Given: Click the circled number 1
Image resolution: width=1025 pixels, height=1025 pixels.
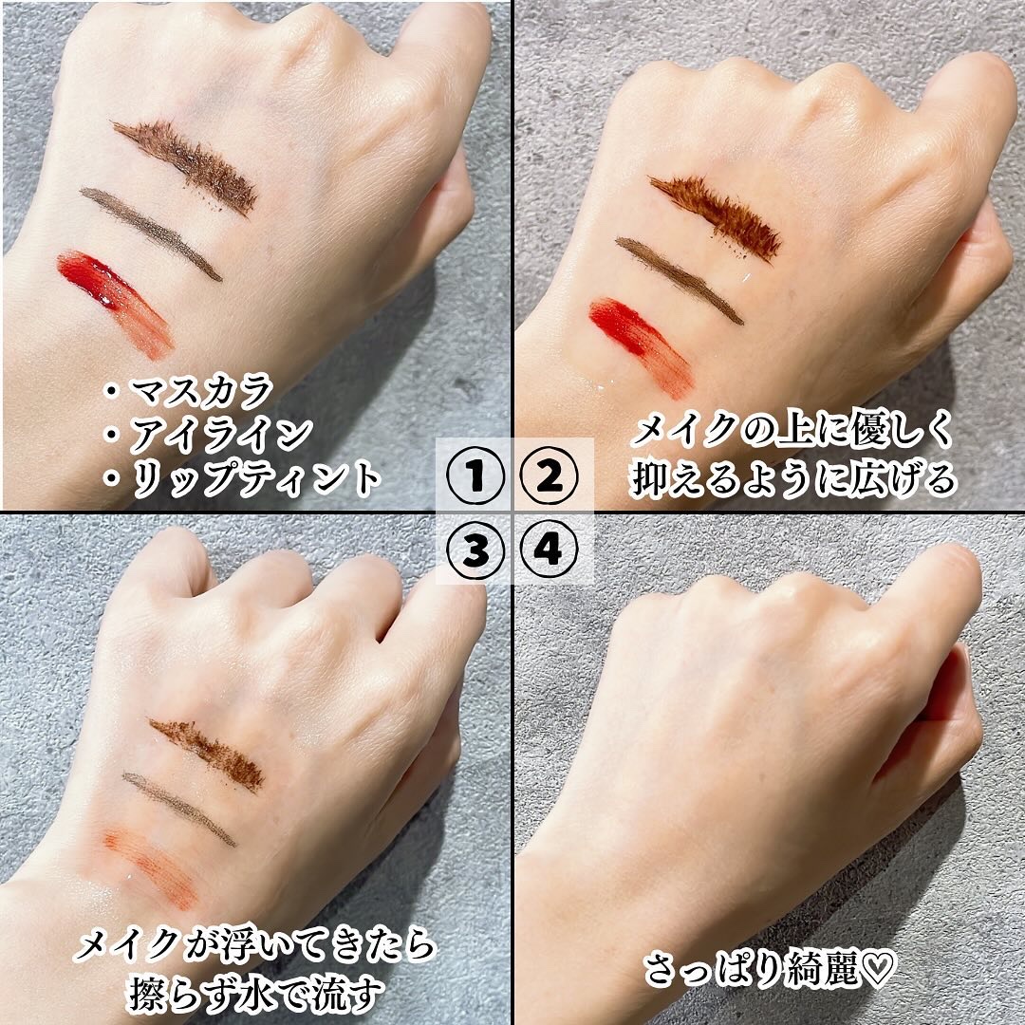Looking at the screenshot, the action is coord(475,475).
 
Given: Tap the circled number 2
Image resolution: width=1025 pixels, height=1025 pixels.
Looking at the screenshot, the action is coord(550,475).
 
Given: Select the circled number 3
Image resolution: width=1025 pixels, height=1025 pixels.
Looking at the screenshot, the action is coord(475,550).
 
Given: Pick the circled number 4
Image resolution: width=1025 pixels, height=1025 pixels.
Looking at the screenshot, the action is coord(550,550).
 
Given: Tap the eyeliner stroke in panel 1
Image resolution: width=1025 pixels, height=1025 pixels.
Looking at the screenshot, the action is coord(151,233).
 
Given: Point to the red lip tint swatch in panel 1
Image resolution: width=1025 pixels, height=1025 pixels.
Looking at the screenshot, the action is coord(115,303).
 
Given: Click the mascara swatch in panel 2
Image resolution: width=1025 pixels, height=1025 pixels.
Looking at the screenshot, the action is coord(717,216).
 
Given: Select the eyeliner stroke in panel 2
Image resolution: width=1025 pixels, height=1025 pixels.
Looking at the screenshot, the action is coord(680,280).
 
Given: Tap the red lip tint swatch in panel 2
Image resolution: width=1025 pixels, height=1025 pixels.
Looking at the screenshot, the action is coord(641,346).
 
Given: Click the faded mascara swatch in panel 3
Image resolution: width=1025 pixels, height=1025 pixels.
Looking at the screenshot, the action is coord(207,753).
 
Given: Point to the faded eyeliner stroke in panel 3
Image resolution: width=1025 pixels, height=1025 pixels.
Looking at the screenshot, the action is coord(178,810).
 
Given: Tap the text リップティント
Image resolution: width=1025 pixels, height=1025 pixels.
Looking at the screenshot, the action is coord(255,477).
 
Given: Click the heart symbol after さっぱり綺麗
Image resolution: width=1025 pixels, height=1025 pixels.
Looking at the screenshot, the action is coord(876,968).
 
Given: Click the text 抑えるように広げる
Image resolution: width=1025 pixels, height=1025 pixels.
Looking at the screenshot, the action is coord(795,479).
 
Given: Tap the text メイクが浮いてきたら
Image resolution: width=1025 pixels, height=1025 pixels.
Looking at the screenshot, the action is coord(255,946).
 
